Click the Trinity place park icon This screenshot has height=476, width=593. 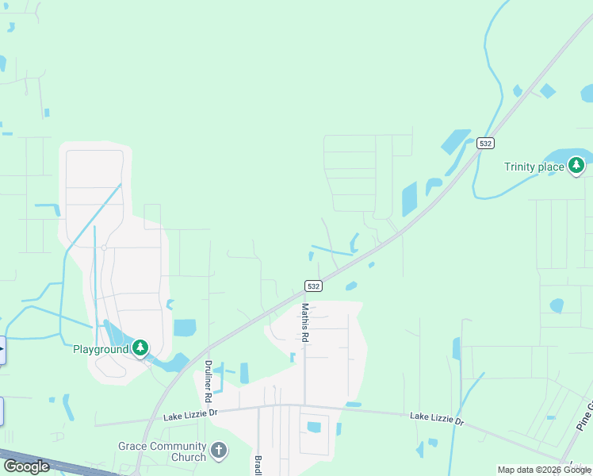(x=577, y=166)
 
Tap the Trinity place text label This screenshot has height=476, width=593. (x=534, y=167)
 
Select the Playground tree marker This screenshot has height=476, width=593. (x=140, y=348)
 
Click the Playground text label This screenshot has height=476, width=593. (x=101, y=349)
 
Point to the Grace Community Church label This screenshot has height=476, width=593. (x=162, y=451)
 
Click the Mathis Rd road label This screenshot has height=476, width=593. (x=304, y=322)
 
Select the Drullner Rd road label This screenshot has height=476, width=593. (x=209, y=380)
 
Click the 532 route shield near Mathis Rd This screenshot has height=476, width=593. (x=313, y=286)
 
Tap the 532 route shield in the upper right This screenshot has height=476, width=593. (x=486, y=144)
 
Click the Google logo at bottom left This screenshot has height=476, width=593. (x=26, y=466)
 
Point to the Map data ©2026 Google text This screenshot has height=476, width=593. (x=544, y=470)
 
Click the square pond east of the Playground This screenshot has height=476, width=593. (x=184, y=328)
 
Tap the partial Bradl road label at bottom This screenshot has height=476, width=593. (x=258, y=466)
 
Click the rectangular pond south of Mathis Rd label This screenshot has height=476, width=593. (x=314, y=427)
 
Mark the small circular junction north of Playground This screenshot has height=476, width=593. (x=104, y=248)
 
